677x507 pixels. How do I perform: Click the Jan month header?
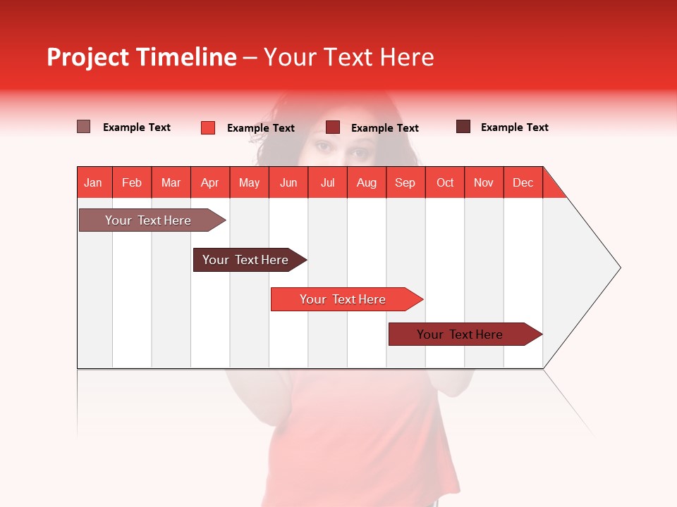click(93, 183)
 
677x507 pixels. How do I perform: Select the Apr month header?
click(209, 183)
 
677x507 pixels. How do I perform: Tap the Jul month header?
click(327, 183)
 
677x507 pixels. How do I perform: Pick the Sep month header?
click(405, 183)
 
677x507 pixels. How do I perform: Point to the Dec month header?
click(523, 183)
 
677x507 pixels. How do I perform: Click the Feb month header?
click(132, 183)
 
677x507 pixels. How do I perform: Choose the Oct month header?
click(445, 183)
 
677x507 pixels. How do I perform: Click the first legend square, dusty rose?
click(84, 127)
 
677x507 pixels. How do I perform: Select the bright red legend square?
click(208, 127)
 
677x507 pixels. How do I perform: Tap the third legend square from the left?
click(333, 127)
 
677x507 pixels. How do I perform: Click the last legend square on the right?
click(463, 127)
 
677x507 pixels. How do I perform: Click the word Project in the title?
click(87, 57)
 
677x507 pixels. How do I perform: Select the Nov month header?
click(484, 183)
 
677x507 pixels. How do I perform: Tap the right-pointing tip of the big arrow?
click(618, 268)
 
